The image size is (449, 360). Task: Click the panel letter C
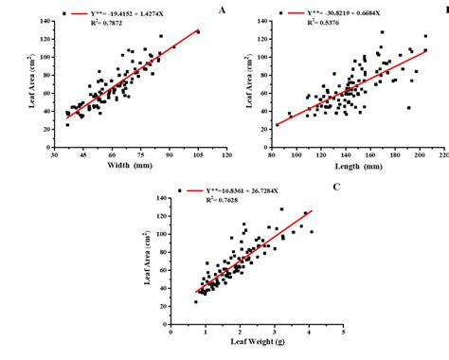336,186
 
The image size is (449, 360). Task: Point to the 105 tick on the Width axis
198,153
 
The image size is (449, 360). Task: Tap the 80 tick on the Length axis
271,153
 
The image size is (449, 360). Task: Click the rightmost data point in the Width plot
198,31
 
